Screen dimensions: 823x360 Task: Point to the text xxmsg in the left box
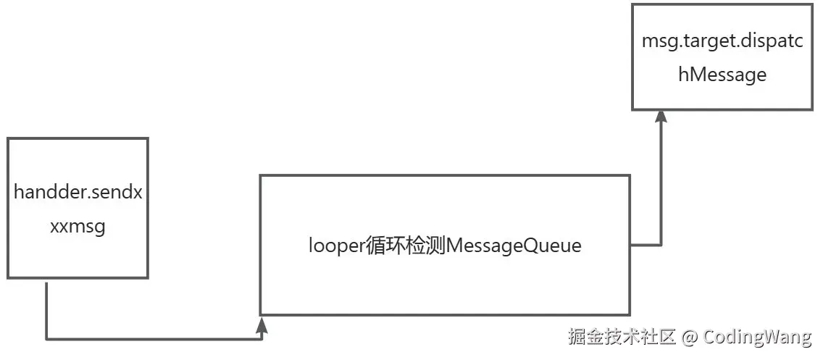pyautogui.click(x=78, y=227)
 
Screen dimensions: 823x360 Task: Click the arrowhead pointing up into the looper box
pyautogui.click(x=262, y=325)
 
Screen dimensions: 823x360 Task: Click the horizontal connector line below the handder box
pyautogui.click(x=152, y=338)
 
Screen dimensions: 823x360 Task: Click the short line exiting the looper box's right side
pyautogui.click(x=646, y=245)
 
